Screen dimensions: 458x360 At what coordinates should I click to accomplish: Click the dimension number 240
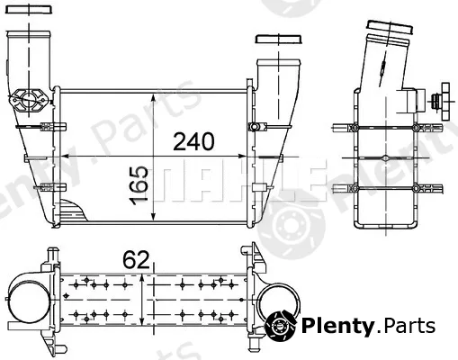point(193,141)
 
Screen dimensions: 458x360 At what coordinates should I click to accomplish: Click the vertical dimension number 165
point(139,185)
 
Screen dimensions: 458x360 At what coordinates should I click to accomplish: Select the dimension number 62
point(136,260)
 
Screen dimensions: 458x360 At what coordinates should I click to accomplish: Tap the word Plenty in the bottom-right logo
point(337,326)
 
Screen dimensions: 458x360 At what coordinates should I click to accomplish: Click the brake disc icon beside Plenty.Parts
point(281,326)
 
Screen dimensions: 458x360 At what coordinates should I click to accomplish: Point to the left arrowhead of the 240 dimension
point(66,156)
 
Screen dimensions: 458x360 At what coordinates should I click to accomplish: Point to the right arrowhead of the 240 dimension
point(241,156)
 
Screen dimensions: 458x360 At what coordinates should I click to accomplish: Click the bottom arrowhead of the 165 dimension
point(153,216)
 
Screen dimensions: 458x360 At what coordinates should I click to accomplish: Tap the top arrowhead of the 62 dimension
point(142,280)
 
